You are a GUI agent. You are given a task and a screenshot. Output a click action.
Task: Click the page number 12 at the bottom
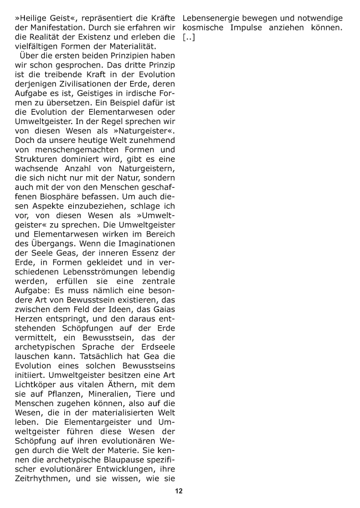pyautogui.click(x=178, y=491)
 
